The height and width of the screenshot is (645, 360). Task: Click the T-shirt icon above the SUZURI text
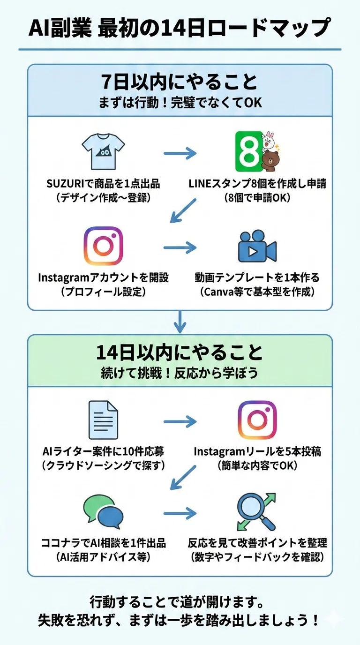pyautogui.click(x=103, y=151)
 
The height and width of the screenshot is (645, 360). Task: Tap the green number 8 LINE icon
pyautogui.click(x=248, y=152)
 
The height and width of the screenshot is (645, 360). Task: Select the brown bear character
pyautogui.click(x=271, y=161)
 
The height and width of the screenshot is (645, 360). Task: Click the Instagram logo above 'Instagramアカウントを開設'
pyautogui.click(x=104, y=246)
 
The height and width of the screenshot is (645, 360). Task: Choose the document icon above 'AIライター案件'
pyautogui.click(x=103, y=420)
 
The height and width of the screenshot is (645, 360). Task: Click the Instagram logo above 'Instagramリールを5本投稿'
pyautogui.click(x=257, y=420)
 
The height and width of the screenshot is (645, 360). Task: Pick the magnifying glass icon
pyautogui.click(x=256, y=512)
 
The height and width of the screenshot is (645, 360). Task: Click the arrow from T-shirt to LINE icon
pyautogui.click(x=180, y=153)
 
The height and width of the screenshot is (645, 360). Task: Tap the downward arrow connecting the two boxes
pyautogui.click(x=180, y=322)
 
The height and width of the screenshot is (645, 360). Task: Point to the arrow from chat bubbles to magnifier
pyautogui.click(x=180, y=513)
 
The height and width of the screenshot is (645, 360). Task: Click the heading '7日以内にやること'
pyautogui.click(x=180, y=82)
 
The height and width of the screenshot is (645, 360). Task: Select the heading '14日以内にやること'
pyautogui.click(x=180, y=352)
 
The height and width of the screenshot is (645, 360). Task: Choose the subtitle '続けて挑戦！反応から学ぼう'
pyautogui.click(x=180, y=373)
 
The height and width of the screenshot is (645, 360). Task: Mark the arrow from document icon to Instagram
pyautogui.click(x=180, y=422)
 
